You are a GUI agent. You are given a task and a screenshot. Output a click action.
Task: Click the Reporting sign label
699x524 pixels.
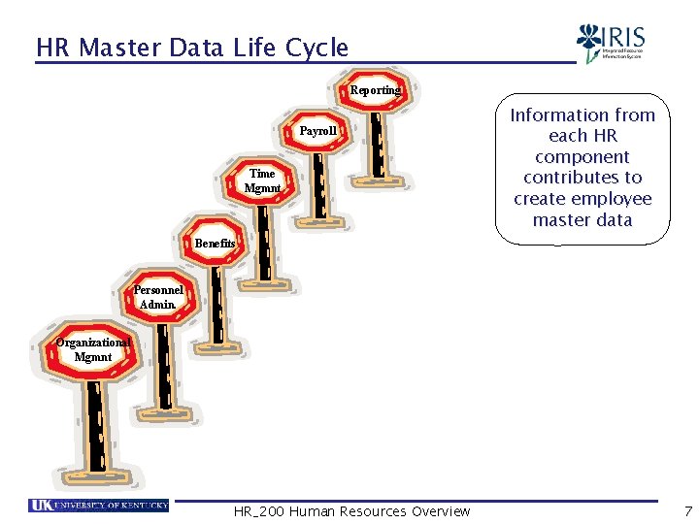click(374, 90)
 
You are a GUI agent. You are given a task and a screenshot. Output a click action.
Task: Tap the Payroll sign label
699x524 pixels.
click(318, 131)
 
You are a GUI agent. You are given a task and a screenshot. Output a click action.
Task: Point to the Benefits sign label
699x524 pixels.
click(215, 244)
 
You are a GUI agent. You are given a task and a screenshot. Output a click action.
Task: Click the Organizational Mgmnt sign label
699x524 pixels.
click(92, 349)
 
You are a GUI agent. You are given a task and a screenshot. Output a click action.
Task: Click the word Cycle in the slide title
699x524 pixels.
click(316, 48)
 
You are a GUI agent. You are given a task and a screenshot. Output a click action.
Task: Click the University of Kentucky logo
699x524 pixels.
click(98, 506)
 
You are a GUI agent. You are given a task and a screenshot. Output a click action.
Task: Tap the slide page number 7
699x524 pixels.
click(687, 510)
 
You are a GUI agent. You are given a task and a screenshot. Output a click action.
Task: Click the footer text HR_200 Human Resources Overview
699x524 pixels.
click(351, 511)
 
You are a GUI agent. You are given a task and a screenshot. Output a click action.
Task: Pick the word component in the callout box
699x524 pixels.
click(582, 157)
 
